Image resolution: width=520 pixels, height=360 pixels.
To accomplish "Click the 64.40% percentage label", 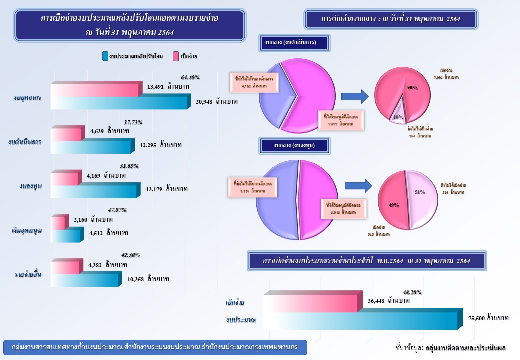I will pos(190,77).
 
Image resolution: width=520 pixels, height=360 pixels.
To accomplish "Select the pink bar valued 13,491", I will pos(95,90).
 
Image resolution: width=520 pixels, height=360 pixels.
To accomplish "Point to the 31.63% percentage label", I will pos(129,166).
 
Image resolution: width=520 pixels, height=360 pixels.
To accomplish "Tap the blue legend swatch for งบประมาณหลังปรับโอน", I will pos(105,56).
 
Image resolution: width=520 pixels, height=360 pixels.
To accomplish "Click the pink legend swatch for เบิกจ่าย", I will pos(176,56).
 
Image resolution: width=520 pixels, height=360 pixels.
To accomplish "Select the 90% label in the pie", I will pos(412,87).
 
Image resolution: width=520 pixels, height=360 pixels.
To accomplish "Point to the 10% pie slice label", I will pos(399,117).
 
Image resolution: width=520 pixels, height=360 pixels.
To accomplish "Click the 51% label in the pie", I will pos(420,192).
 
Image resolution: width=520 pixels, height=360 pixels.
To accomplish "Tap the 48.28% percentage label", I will pos(413,292).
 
